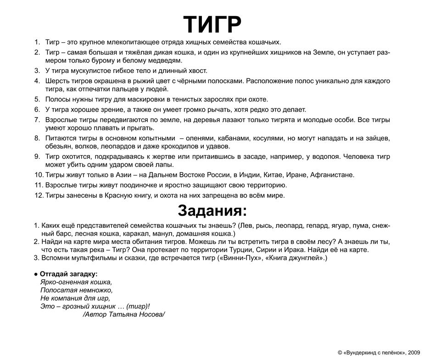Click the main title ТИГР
[x=212, y=22]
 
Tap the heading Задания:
[x=212, y=210]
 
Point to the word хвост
[x=197, y=71]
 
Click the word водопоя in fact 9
[x=323, y=157]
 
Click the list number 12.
[x=38, y=195]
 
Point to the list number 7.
[x=38, y=120]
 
